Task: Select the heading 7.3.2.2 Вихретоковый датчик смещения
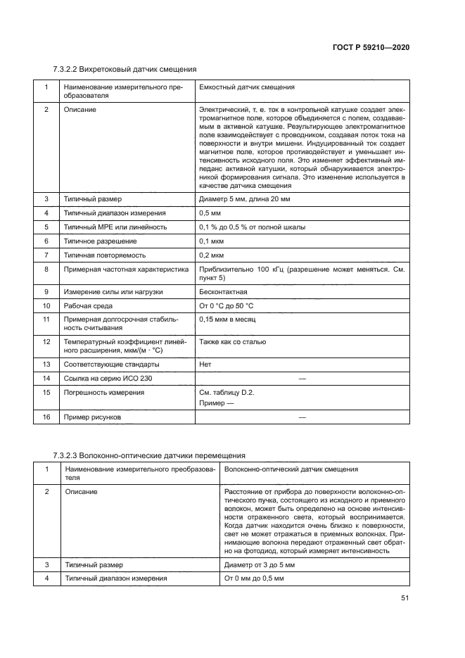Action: tap(125, 69)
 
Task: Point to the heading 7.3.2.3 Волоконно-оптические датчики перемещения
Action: tap(149, 455)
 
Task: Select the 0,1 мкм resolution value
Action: tap(212, 241)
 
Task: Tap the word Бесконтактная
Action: tap(223, 291)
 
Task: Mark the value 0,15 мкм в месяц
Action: tap(227, 319)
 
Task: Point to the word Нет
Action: tap(205, 364)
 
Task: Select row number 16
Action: tap(46, 417)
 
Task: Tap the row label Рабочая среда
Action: tap(88, 306)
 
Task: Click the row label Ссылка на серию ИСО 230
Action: tap(107, 379)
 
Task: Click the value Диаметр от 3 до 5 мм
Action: tap(259, 564)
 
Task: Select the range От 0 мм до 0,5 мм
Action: tap(253, 578)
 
